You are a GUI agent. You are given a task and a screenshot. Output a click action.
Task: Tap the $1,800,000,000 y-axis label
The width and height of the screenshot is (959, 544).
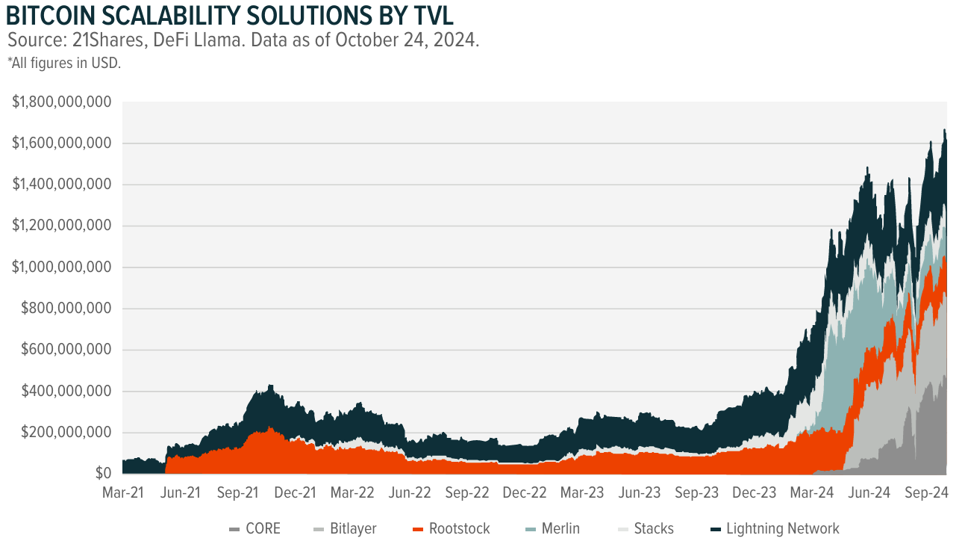pyautogui.click(x=62, y=102)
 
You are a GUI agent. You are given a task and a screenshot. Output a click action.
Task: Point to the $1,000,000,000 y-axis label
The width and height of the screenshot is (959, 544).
pyautogui.click(x=62, y=268)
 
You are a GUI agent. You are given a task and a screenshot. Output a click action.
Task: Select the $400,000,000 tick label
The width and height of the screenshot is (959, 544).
pyautogui.click(x=66, y=392)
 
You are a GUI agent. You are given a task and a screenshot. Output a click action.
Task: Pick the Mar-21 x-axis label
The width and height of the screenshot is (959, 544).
pyautogui.click(x=122, y=493)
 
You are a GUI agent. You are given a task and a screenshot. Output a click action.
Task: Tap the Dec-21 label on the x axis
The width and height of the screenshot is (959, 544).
pyautogui.click(x=295, y=493)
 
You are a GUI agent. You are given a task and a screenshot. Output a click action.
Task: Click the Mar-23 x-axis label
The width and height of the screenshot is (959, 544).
pyautogui.click(x=582, y=493)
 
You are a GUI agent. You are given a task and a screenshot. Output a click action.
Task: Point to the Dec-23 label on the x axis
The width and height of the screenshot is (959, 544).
pyautogui.click(x=755, y=493)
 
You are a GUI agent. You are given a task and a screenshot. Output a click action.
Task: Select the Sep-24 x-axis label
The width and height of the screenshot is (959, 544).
pyautogui.click(x=926, y=493)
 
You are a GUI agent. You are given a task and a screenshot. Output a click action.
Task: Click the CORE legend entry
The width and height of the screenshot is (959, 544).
pyautogui.click(x=255, y=529)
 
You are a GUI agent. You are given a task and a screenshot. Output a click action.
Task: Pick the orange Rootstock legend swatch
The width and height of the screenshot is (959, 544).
pyautogui.click(x=418, y=529)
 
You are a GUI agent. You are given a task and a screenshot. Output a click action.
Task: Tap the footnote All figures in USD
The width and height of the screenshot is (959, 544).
pyautogui.click(x=64, y=64)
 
